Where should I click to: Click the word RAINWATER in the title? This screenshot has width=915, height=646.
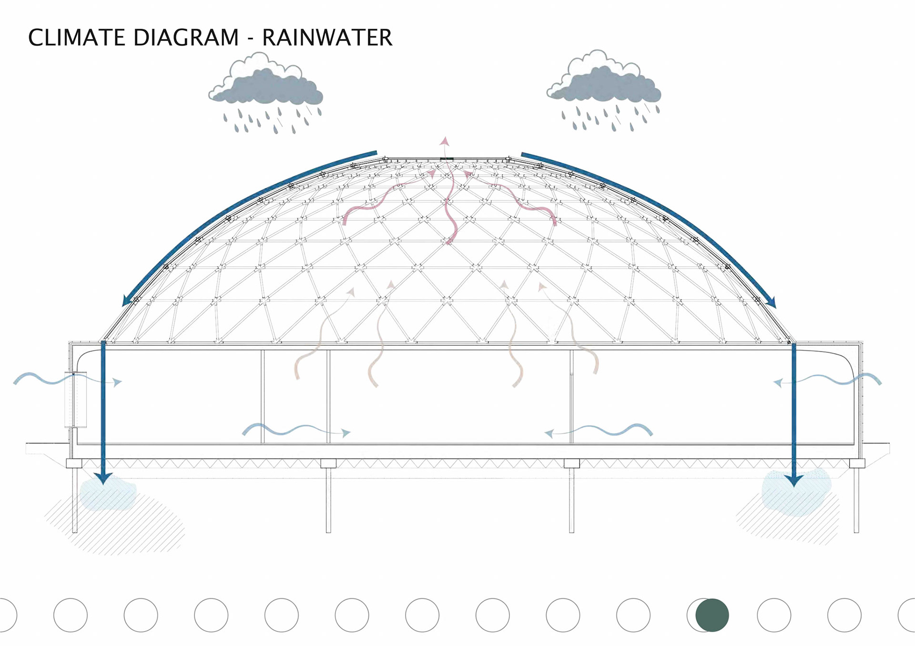pyautogui.click(x=327, y=38)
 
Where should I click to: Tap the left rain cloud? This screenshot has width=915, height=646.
pyautogui.click(x=266, y=83)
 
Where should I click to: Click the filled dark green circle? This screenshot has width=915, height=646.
pyautogui.click(x=712, y=615)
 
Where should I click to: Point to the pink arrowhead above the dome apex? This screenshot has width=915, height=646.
pyautogui.click(x=445, y=141)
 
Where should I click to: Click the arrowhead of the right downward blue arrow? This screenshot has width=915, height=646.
pyautogui.click(x=793, y=480)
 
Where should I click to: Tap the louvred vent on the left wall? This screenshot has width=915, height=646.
pyautogui.click(x=75, y=399)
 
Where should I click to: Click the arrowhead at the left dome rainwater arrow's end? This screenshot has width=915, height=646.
pyautogui.click(x=127, y=300)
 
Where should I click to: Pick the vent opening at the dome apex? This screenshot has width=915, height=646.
pyautogui.click(x=447, y=159)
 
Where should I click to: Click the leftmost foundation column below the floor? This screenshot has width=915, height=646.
pyautogui.click(x=75, y=500)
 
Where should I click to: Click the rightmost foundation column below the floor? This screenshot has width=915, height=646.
pyautogui.click(x=856, y=500)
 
